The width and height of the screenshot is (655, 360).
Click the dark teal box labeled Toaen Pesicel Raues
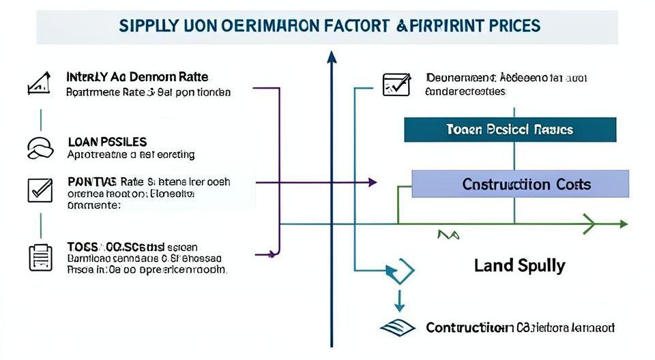[510, 130]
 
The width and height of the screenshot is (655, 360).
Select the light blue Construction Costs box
[521, 184]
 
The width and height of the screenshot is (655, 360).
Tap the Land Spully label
[519, 265]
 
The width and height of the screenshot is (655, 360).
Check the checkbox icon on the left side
[40, 189]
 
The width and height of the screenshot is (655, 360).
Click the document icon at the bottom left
[40, 257]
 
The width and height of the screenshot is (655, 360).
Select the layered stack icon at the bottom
[396, 327]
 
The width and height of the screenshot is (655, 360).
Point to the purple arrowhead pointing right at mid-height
[372, 182]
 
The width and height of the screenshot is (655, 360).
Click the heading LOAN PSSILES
[107, 142]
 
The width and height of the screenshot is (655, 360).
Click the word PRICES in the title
[508, 27]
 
